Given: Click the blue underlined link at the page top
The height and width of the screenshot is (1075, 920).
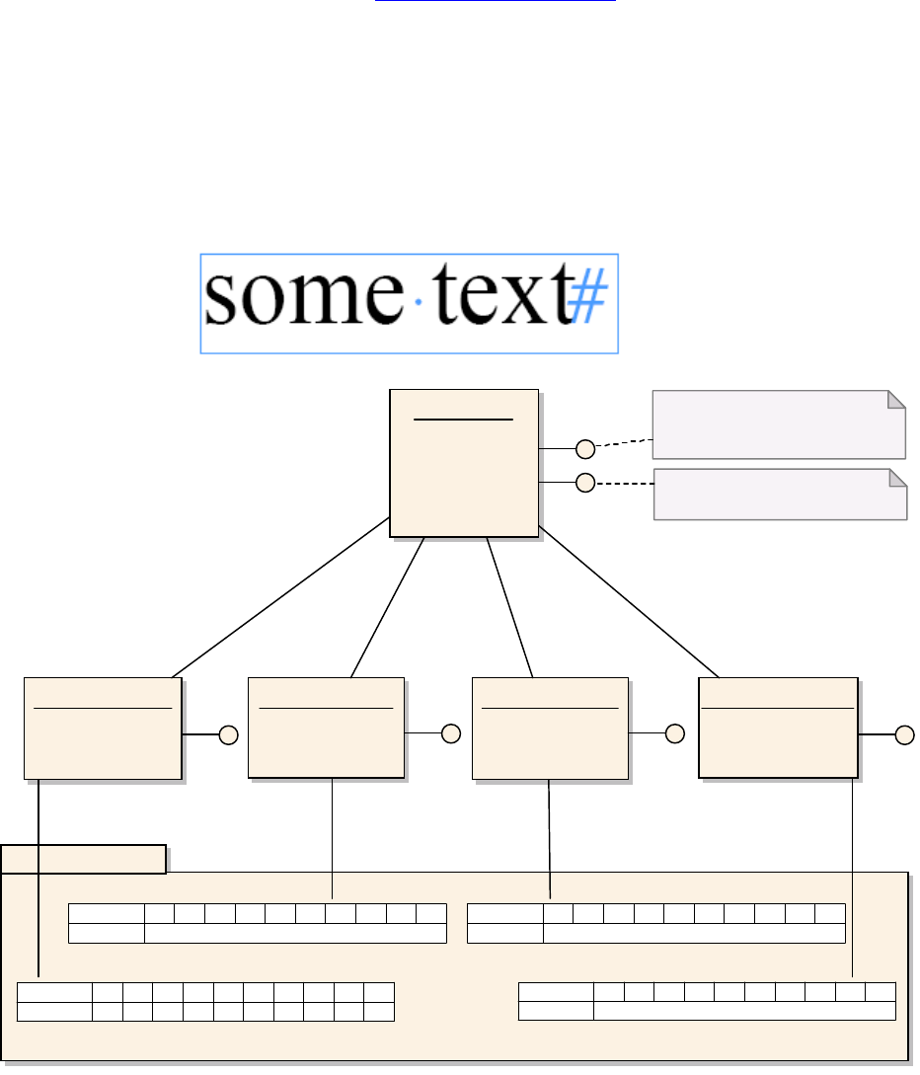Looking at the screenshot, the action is pyautogui.click(x=494, y=2).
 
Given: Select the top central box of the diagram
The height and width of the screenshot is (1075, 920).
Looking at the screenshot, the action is pyautogui.click(x=464, y=463).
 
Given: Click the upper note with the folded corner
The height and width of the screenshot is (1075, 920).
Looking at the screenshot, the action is pyautogui.click(x=778, y=424).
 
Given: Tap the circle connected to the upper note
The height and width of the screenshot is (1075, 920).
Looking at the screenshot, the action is pyautogui.click(x=585, y=449).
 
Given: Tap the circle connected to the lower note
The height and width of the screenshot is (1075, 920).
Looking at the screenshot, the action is pyautogui.click(x=585, y=483).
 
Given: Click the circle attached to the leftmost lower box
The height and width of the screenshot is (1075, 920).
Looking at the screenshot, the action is pyautogui.click(x=229, y=735).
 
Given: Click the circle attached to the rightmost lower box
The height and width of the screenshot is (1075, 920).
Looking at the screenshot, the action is pyautogui.click(x=905, y=734).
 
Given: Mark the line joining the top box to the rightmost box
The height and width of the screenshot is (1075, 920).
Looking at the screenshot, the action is pyautogui.click(x=630, y=604).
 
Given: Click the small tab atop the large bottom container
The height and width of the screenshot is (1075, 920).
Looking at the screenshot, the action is pyautogui.click(x=83, y=859).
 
